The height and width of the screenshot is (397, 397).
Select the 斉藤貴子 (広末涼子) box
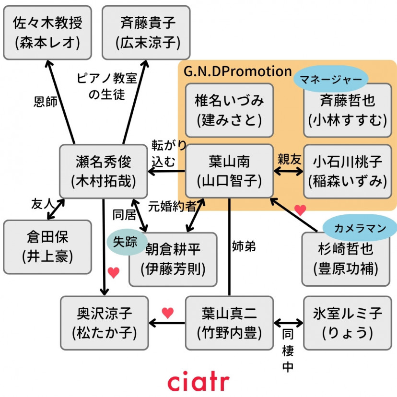pyautogui.click(x=146, y=33)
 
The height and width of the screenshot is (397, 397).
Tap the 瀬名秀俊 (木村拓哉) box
pyautogui.click(x=103, y=171)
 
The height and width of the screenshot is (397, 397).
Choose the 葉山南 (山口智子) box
pyautogui.click(x=229, y=171)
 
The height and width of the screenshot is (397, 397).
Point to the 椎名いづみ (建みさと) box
pyautogui.click(x=229, y=110)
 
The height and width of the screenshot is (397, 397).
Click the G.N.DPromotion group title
pyautogui.click(x=238, y=71)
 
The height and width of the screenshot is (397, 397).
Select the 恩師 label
pyautogui.click(x=46, y=102)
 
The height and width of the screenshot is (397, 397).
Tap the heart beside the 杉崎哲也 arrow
pyautogui.click(x=300, y=210)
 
